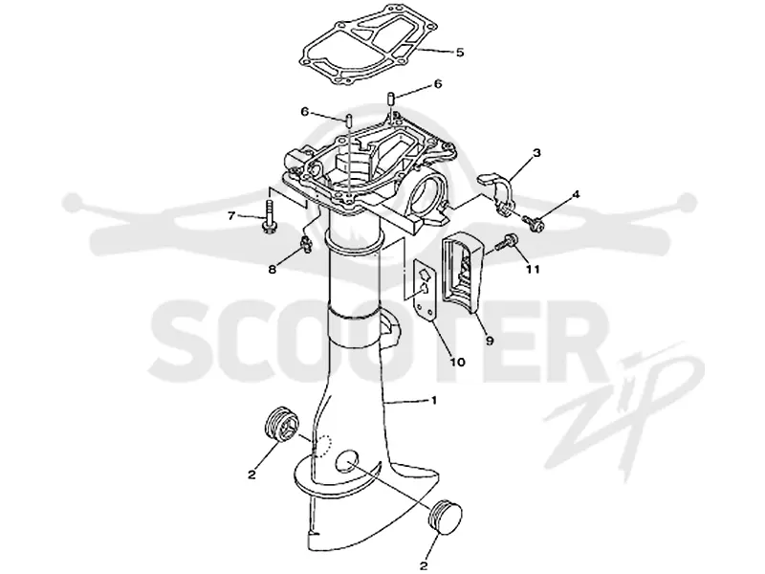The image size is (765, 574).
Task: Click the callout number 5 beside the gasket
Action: point(460,53)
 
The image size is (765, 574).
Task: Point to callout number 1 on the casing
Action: point(433,401)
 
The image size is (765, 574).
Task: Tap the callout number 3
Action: point(536,153)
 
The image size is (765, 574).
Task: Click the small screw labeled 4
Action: point(535,223)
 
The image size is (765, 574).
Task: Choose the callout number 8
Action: point(272,269)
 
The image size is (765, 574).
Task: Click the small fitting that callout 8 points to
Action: point(305,242)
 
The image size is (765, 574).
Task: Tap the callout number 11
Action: point(533,269)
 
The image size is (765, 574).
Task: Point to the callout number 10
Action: point(457,362)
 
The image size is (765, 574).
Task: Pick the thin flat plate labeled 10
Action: point(424,290)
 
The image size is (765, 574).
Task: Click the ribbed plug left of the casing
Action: point(281,423)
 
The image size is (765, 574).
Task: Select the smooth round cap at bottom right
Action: point(445,519)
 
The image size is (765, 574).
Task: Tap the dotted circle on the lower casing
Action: point(322,444)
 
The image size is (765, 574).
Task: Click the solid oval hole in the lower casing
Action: point(347,461)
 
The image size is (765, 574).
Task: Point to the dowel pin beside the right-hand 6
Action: point(391,98)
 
